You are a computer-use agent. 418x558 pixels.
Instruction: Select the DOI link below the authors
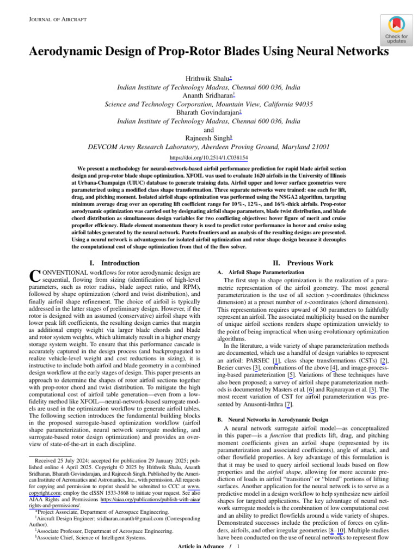[x=208, y=158]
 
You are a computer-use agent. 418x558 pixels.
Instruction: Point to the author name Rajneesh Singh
[x=207, y=138]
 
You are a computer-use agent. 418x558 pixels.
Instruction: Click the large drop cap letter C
[x=34, y=277]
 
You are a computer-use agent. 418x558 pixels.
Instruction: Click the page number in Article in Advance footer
[x=238, y=547]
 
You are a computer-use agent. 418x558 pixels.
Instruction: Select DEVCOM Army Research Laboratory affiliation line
[x=208, y=147]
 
